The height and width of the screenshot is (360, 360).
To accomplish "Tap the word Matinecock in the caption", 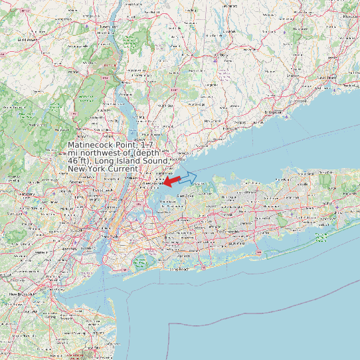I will pyautogui.click(x=92, y=145).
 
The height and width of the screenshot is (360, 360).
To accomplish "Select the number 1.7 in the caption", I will pyautogui.click(x=151, y=145).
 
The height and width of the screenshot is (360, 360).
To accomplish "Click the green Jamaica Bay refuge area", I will pyautogui.click(x=141, y=261).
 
